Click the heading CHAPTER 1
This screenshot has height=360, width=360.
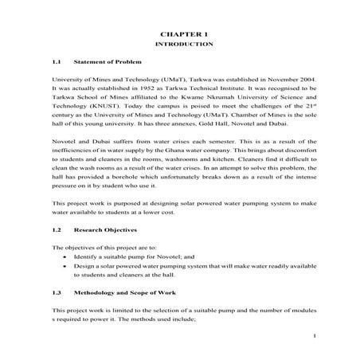(183, 36)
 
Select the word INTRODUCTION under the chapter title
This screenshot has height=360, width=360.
(183, 46)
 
